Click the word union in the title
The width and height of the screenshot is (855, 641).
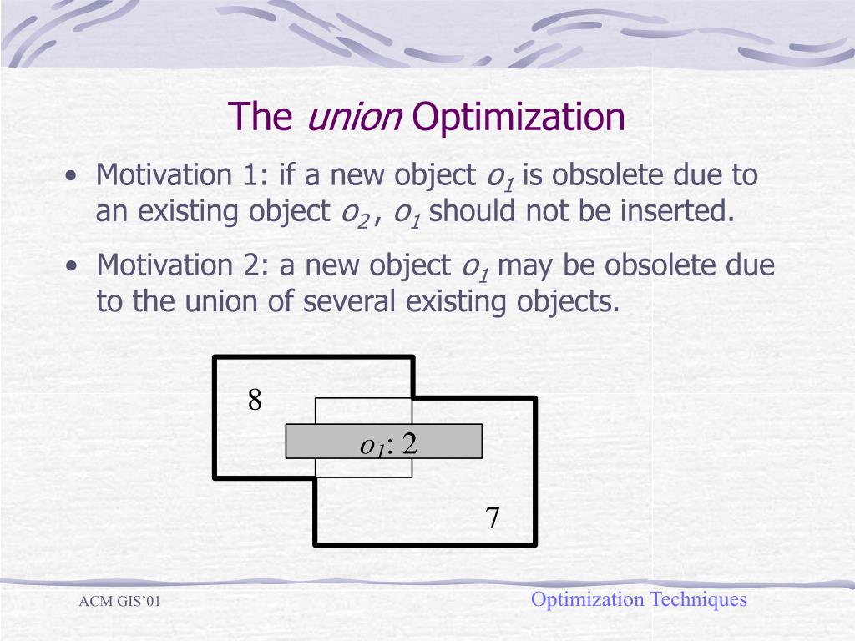click(355, 117)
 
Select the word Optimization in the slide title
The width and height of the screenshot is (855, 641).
click(519, 118)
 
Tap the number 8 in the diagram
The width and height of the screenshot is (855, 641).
click(255, 401)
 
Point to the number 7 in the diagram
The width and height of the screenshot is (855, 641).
click(493, 518)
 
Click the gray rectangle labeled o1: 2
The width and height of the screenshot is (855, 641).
click(384, 442)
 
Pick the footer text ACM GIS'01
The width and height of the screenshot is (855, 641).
click(119, 603)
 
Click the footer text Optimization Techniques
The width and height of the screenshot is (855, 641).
click(639, 599)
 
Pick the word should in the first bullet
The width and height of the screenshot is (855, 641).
click(473, 211)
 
